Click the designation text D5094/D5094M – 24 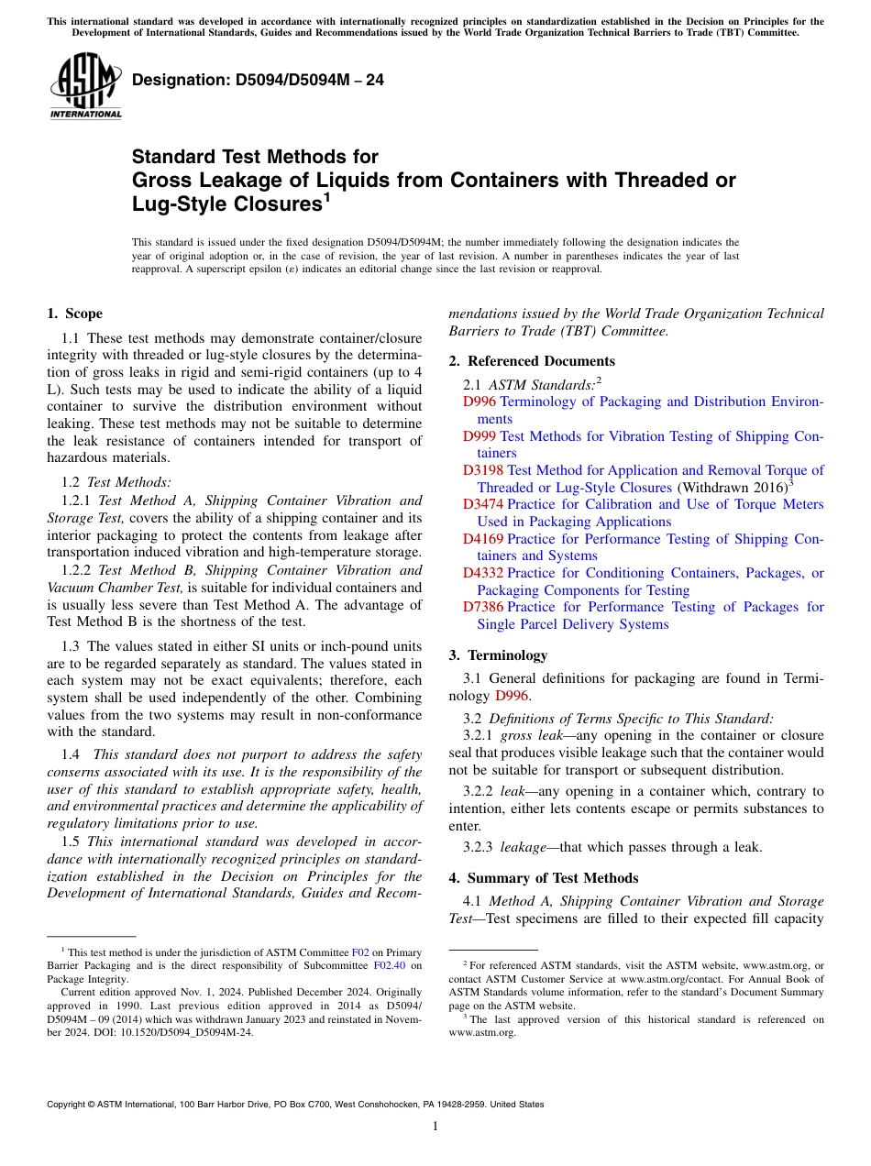258,81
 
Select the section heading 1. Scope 74,313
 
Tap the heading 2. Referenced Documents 532,361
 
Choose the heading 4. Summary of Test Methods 544,878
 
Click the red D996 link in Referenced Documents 480,401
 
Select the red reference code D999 480,436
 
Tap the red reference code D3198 483,470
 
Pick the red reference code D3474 483,504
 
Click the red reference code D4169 483,539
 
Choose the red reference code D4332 483,573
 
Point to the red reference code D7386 483,607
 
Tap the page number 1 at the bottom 435,1126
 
